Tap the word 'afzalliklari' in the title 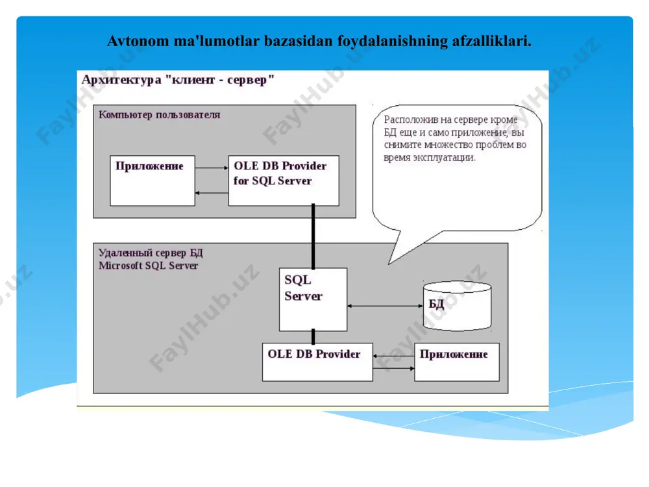(x=492, y=41)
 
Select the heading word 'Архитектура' (x=121, y=79)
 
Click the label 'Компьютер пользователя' (x=160, y=115)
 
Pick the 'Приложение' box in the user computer (x=153, y=181)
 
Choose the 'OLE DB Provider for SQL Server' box (x=284, y=181)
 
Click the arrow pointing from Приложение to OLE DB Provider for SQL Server (x=212, y=168)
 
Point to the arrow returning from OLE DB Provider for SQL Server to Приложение (x=212, y=193)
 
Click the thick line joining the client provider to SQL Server (x=313, y=236)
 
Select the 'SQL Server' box (x=313, y=299)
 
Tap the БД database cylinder (x=458, y=306)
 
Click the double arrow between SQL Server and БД (x=385, y=306)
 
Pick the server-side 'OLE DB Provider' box (x=317, y=362)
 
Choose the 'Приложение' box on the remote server (x=457, y=362)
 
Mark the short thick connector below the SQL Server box (x=313, y=336)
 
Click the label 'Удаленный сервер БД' (x=151, y=253)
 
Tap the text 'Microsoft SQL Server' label (x=148, y=266)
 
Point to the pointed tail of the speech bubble (x=389, y=264)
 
